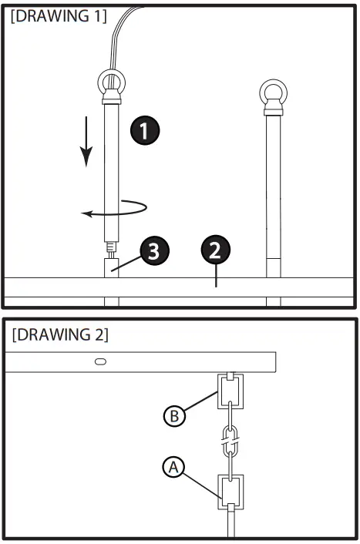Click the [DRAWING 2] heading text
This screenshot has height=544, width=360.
(x=60, y=336)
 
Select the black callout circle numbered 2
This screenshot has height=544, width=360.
(x=215, y=250)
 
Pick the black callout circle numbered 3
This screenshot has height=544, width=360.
(x=155, y=250)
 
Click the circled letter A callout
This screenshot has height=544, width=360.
(x=174, y=466)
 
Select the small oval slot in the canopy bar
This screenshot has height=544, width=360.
(x=100, y=361)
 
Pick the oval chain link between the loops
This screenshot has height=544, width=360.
(x=230, y=442)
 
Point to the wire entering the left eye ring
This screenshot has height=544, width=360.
(x=116, y=39)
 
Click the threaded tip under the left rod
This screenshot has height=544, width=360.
(x=110, y=249)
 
